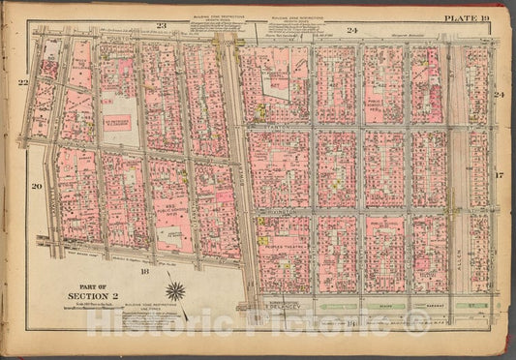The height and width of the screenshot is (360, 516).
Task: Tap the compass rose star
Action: [176, 289]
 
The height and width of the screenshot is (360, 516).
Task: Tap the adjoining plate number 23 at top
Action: [162, 23]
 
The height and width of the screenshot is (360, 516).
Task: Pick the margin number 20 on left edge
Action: [36, 185]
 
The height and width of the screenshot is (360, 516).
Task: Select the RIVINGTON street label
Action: [277, 209]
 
